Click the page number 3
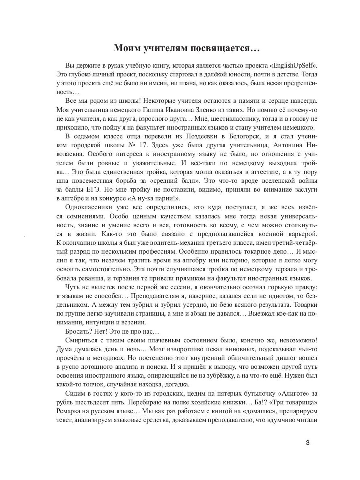tap(307, 443)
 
